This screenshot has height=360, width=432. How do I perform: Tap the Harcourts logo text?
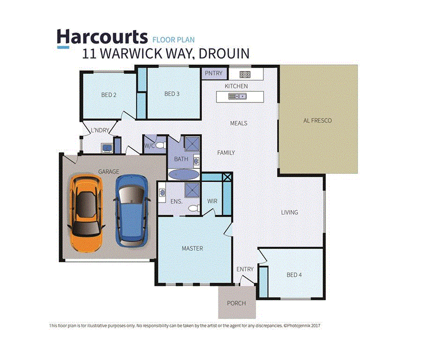[x=102, y=37]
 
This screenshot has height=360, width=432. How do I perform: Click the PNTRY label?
[x=213, y=73]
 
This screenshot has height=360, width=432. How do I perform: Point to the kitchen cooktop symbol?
[x=245, y=74]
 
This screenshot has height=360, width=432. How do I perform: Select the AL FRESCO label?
[x=317, y=120]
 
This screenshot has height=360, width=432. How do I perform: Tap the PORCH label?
[x=236, y=303]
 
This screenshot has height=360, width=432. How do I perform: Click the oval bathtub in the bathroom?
[x=183, y=174]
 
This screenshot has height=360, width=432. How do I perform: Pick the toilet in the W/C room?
[x=160, y=144]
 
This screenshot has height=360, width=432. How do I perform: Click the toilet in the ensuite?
[x=194, y=208]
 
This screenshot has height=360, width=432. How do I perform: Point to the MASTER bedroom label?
[x=192, y=248]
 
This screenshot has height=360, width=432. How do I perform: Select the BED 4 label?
[x=294, y=275]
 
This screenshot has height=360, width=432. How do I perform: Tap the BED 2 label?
[x=109, y=95]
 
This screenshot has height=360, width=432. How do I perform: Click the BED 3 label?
[x=172, y=94]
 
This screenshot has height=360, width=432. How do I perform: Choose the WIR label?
[x=212, y=201]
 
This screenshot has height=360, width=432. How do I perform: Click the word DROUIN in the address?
[x=224, y=54]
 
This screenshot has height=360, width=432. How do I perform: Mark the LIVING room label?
[x=290, y=212]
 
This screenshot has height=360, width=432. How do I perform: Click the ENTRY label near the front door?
[x=245, y=269]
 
